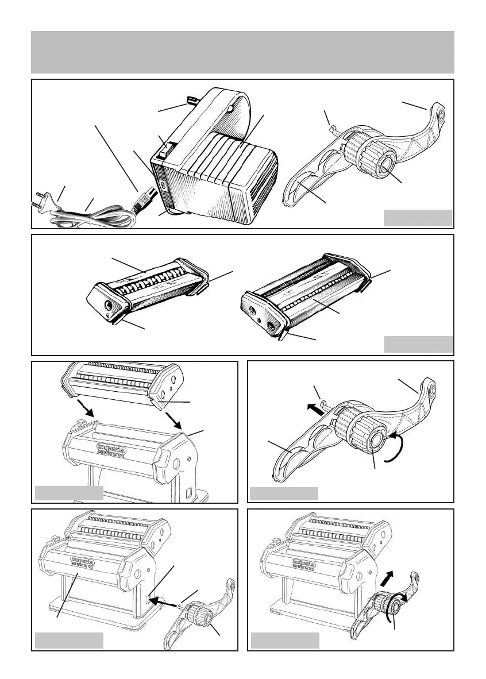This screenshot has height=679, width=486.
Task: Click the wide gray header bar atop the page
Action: (x=242, y=52)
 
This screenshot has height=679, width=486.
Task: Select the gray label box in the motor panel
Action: (x=418, y=218)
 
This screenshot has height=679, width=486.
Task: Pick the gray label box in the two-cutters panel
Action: (x=418, y=344)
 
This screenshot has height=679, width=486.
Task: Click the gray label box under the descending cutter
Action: (x=70, y=493)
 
